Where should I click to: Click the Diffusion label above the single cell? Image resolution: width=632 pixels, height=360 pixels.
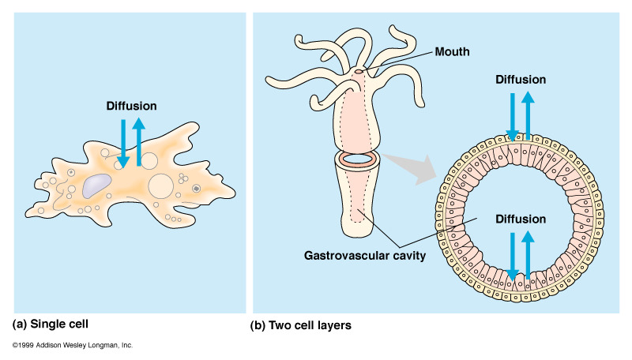pyautogui.click(x=131, y=105)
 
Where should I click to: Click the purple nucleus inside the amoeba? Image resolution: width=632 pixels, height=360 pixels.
pyautogui.click(x=96, y=186)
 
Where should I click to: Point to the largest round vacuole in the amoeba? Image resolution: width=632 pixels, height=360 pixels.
pyautogui.click(x=161, y=186)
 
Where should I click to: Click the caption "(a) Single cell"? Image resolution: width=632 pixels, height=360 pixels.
pyautogui.click(x=52, y=324)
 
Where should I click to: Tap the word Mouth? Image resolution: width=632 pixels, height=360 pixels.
pyautogui.click(x=453, y=52)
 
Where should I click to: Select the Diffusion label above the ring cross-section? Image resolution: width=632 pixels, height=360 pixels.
pyautogui.click(x=520, y=79)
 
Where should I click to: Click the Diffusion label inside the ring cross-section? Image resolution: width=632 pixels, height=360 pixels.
pyautogui.click(x=520, y=219)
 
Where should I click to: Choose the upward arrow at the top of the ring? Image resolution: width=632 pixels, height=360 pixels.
pyautogui.click(x=529, y=114)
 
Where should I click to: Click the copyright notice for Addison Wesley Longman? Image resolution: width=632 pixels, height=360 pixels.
pyautogui.click(x=73, y=346)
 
